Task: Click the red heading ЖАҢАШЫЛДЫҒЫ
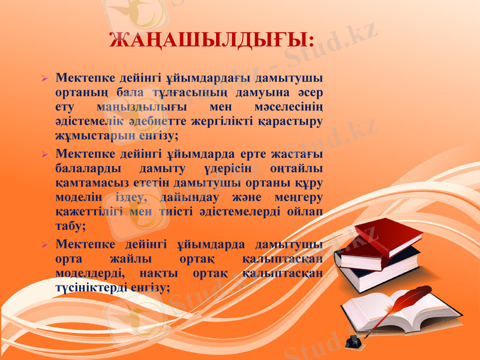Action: tap(212, 40)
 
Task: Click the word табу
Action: tap(69, 226)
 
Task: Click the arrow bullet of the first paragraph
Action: tap(44, 79)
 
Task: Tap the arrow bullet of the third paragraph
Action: tap(44, 245)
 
